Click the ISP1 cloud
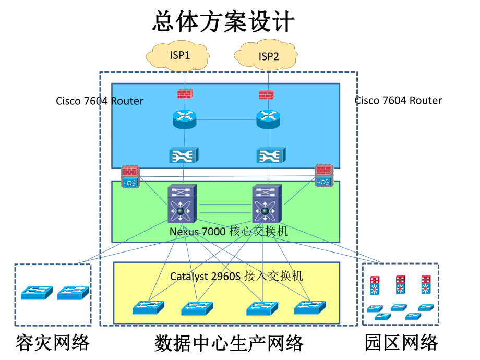tap(180, 55)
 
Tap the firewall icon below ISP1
tap(184, 93)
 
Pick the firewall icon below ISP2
tap(267, 95)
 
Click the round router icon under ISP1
tap(184, 119)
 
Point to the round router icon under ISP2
tap(268, 119)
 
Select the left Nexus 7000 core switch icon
tap(181, 203)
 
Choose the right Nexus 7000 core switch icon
tap(266, 203)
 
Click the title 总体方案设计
tap(224, 22)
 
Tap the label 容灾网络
tap(53, 343)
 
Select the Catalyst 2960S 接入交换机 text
tap(236, 276)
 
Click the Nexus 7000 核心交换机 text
tap(229, 231)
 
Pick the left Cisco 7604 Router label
tap(100, 101)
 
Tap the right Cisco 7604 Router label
tap(398, 100)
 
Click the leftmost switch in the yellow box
tap(148, 307)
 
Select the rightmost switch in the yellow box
tap(310, 307)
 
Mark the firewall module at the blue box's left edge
tap(129, 176)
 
